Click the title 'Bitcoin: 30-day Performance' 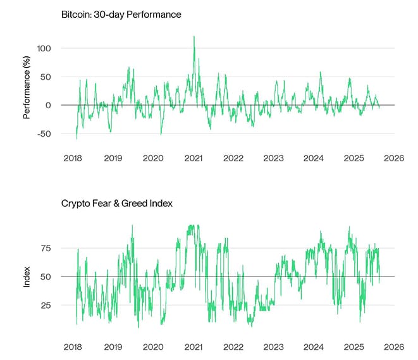click(121, 15)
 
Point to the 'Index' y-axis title click(27, 276)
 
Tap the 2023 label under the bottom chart click(273, 347)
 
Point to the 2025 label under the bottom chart click(353, 347)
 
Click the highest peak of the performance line click(194, 37)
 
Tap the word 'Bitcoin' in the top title click(75, 15)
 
